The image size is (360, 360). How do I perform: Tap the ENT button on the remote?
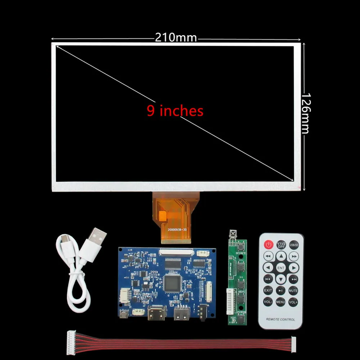pos(281,268)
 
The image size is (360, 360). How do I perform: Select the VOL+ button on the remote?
pos(293,302)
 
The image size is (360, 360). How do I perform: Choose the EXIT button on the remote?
pos(268,290)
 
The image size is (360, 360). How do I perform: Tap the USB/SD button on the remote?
pos(294,245)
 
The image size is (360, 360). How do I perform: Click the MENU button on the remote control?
pos(281,302)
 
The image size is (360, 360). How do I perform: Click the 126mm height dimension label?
pos(305,113)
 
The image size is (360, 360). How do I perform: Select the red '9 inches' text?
pos(175,111)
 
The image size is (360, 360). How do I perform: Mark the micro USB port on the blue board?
pos(123,314)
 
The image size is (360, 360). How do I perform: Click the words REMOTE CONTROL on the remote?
pos(281,319)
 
